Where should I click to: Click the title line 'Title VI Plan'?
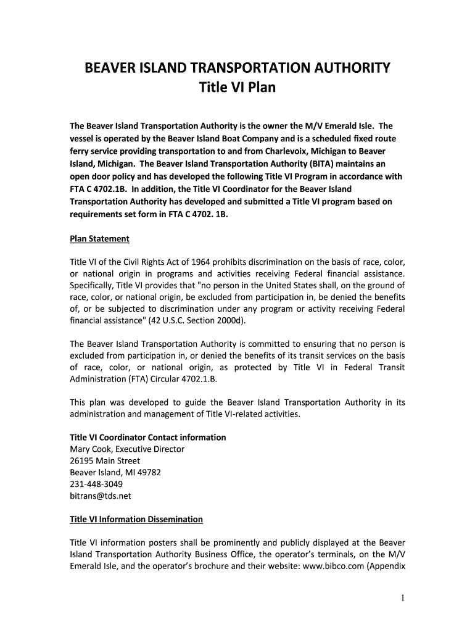pos(237,88)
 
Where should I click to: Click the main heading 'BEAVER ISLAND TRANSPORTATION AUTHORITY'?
pos(237,67)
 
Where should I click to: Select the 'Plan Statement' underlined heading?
pos(99,239)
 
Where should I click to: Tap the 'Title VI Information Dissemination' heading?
pos(136,519)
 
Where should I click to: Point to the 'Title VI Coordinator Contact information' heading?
pos(148,437)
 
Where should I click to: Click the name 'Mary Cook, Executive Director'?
pos(127,449)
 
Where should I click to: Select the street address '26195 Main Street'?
pos(105,460)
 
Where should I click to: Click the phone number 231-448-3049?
pos(96,484)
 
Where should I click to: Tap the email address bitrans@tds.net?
pos(101,496)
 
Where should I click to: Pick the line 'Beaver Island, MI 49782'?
pos(116,472)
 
